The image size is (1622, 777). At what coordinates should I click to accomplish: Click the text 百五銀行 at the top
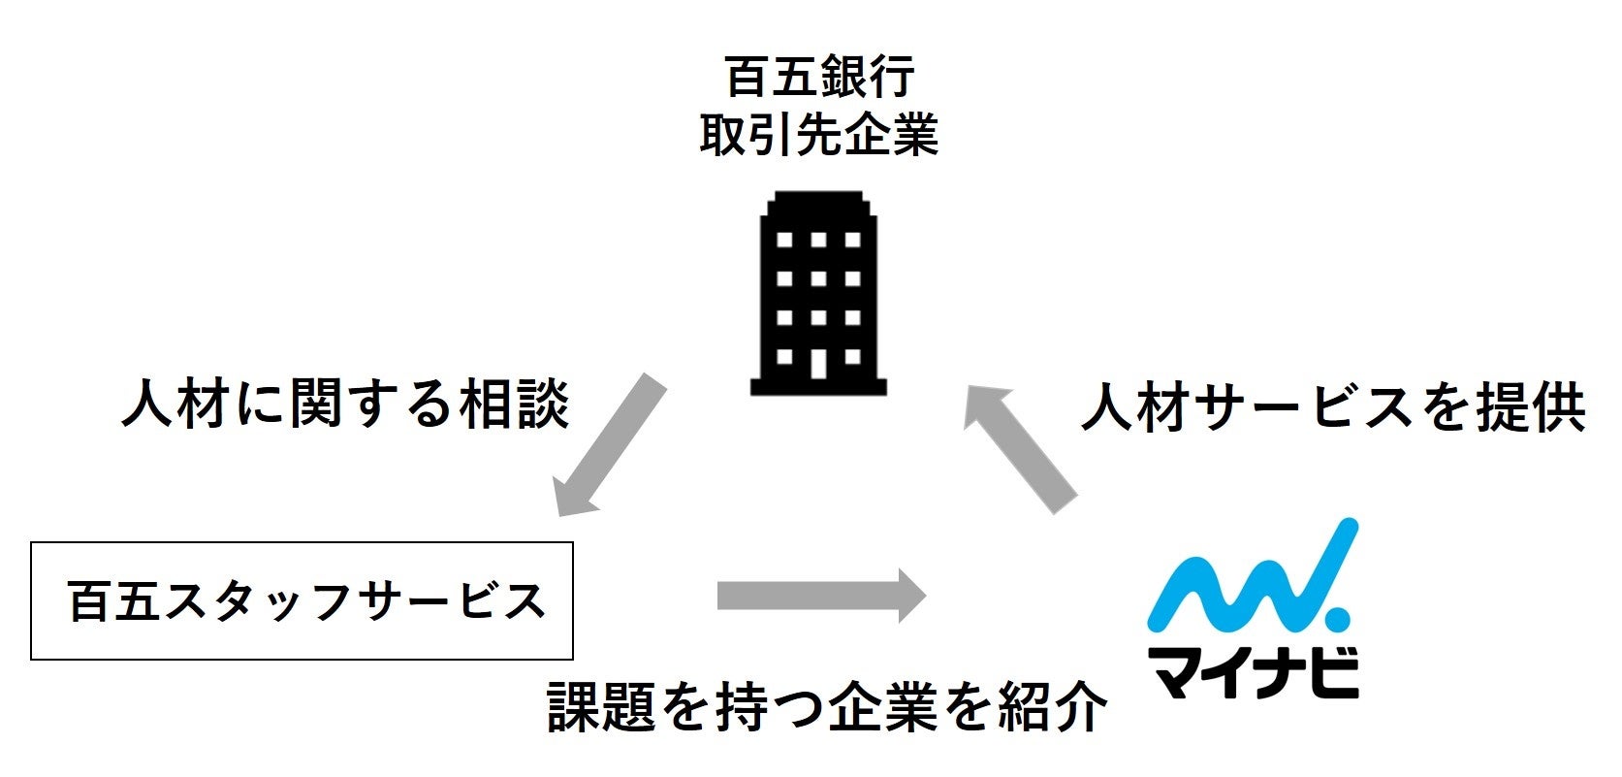point(819,78)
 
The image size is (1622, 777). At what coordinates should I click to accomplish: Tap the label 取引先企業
point(819,135)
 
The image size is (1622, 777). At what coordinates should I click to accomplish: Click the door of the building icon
point(819,362)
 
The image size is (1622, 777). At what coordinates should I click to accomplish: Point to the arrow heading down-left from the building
point(609,445)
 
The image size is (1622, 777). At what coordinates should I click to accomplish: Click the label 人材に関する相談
point(345,404)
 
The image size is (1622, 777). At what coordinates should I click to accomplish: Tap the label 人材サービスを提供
point(1333,406)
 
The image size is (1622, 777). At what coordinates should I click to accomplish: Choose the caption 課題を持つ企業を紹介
point(827,706)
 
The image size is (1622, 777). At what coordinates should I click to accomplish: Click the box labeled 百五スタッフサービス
point(302,601)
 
